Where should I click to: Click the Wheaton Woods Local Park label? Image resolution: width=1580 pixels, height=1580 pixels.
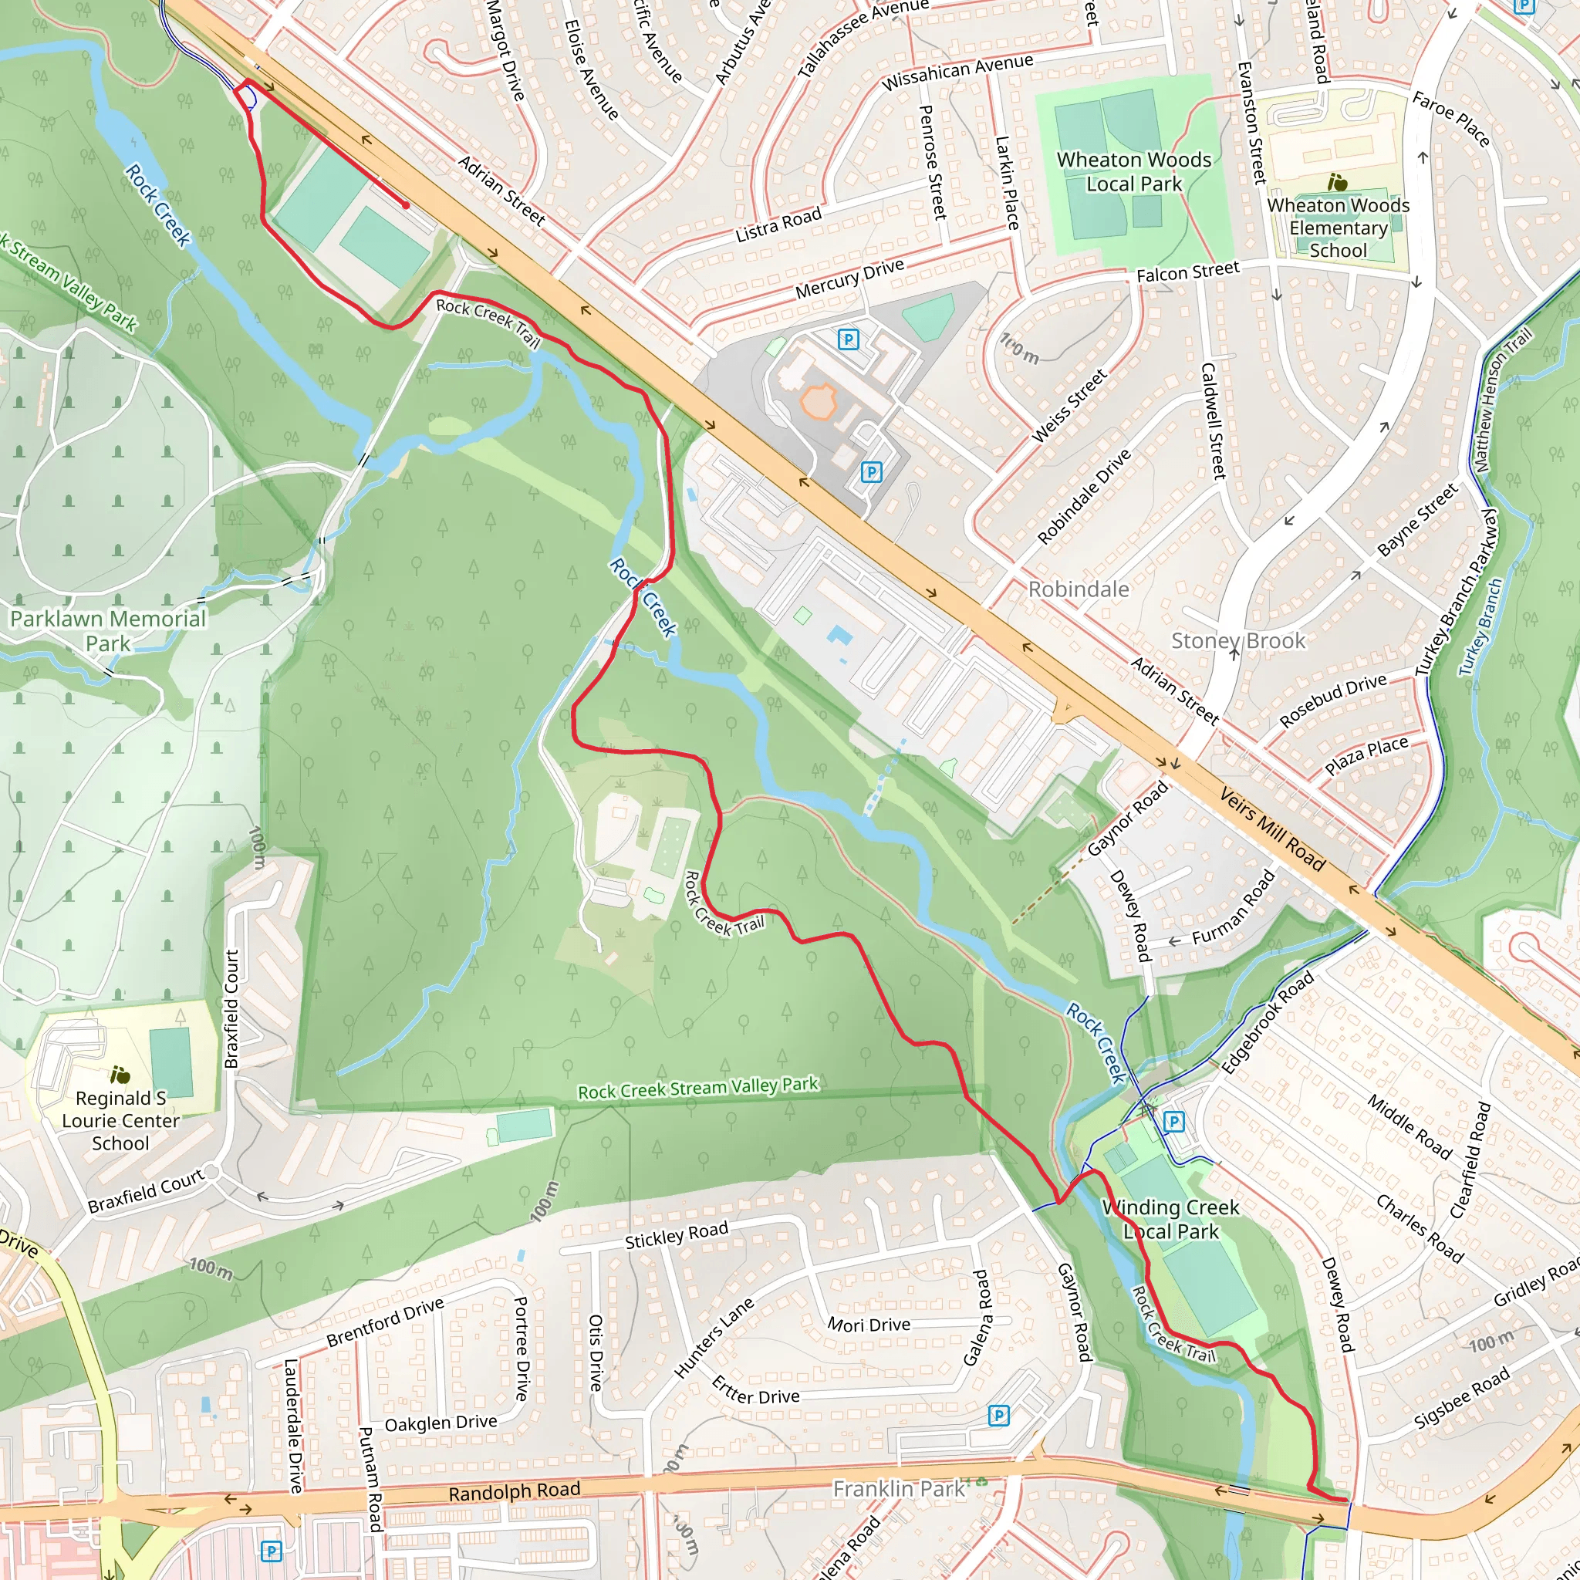pos(1133,172)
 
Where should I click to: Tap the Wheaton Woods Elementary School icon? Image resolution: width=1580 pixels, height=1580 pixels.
pos(1338,181)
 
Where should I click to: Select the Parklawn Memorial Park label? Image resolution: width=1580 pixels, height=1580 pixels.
pos(108,630)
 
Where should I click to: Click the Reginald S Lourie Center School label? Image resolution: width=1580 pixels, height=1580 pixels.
pos(120,1120)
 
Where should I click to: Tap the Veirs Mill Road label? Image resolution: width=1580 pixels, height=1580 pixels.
pos(1271,829)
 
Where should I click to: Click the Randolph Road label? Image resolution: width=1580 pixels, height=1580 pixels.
pos(514,1492)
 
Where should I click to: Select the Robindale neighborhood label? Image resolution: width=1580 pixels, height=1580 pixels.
pos(1078,589)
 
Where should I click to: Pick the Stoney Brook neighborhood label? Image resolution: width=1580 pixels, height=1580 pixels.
pos(1237,640)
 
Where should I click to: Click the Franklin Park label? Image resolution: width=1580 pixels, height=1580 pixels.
pos(899,1488)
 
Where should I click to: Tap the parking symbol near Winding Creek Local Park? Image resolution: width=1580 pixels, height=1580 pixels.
pos(1173,1121)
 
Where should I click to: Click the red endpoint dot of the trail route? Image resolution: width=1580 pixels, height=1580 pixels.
pos(406,205)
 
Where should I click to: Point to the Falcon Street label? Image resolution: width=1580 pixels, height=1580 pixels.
pos(1187,272)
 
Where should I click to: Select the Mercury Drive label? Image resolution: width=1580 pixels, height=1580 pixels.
pos(849,279)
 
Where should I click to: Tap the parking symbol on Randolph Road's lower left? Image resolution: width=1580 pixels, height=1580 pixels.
pos(271,1551)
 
